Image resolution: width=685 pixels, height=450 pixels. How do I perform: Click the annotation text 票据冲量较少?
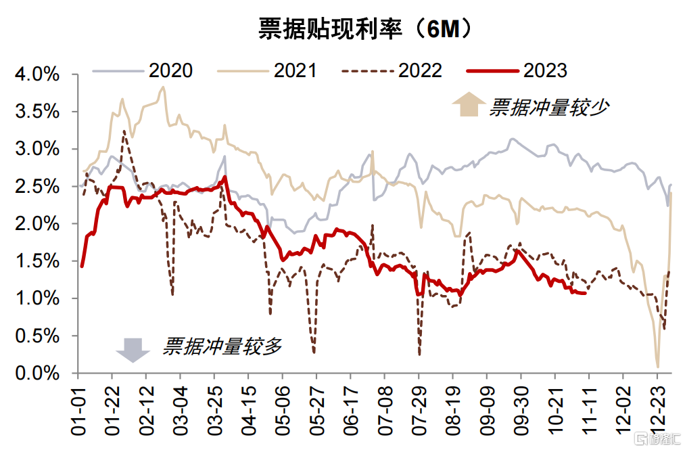click(549, 107)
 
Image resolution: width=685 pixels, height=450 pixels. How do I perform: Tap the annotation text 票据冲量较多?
click(222, 346)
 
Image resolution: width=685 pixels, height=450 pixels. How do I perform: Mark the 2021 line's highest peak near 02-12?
click(163, 87)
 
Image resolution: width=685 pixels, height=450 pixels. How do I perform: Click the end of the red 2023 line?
click(585, 293)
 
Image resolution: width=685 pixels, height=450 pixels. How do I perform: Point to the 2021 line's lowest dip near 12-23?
click(657, 367)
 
